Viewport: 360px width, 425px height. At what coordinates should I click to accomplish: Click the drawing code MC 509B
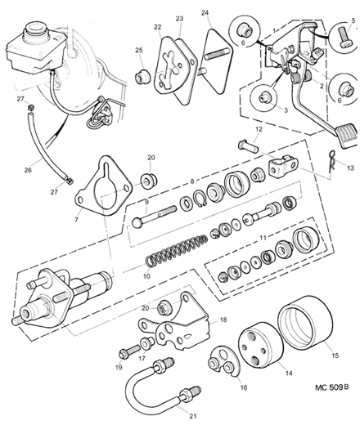coord(331,387)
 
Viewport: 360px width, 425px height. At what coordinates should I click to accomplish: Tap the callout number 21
coord(192,416)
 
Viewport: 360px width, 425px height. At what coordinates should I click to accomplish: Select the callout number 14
coord(289,373)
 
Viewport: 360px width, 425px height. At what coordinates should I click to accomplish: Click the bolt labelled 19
coord(129,351)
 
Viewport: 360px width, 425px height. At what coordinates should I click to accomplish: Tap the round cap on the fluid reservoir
coord(34,30)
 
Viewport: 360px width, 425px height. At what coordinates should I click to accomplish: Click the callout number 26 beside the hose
coord(28,170)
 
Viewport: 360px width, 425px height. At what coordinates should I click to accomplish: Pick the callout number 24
coord(205,13)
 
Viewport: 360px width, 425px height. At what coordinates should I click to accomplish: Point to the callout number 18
coord(223,320)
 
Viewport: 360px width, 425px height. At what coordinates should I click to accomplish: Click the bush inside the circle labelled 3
coord(263,97)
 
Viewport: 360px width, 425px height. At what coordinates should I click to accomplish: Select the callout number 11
coord(263,238)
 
